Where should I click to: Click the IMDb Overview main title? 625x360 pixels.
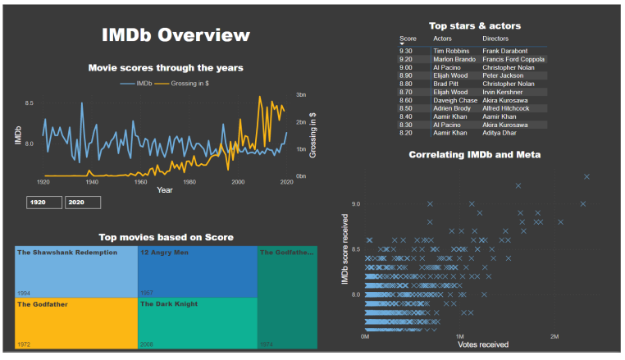pyautogui.click(x=176, y=35)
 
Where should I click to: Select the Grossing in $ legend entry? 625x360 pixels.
pyautogui.click(x=189, y=84)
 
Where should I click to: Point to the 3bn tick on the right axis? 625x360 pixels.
pyautogui.click(x=301, y=95)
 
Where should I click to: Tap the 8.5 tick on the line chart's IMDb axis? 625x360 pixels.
pyautogui.click(x=30, y=103)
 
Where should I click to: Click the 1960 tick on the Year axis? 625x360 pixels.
pyautogui.click(x=140, y=182)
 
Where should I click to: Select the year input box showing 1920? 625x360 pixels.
pyautogui.click(x=44, y=203)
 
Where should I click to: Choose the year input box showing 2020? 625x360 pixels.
pyautogui.click(x=83, y=203)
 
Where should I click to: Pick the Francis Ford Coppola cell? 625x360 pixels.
pyautogui.click(x=513, y=59)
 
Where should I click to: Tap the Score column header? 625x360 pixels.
pyautogui.click(x=408, y=39)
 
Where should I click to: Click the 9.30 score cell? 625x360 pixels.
pyautogui.click(x=407, y=50)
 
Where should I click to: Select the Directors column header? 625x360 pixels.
pyautogui.click(x=495, y=39)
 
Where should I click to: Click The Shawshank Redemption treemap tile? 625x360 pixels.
pyautogui.click(x=75, y=271)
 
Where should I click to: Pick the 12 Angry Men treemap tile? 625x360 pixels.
pyautogui.click(x=197, y=271)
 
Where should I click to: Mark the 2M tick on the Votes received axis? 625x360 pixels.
pyautogui.click(x=554, y=336)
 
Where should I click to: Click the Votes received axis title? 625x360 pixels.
pyautogui.click(x=482, y=344)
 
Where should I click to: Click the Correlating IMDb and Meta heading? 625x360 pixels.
pyautogui.click(x=474, y=155)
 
